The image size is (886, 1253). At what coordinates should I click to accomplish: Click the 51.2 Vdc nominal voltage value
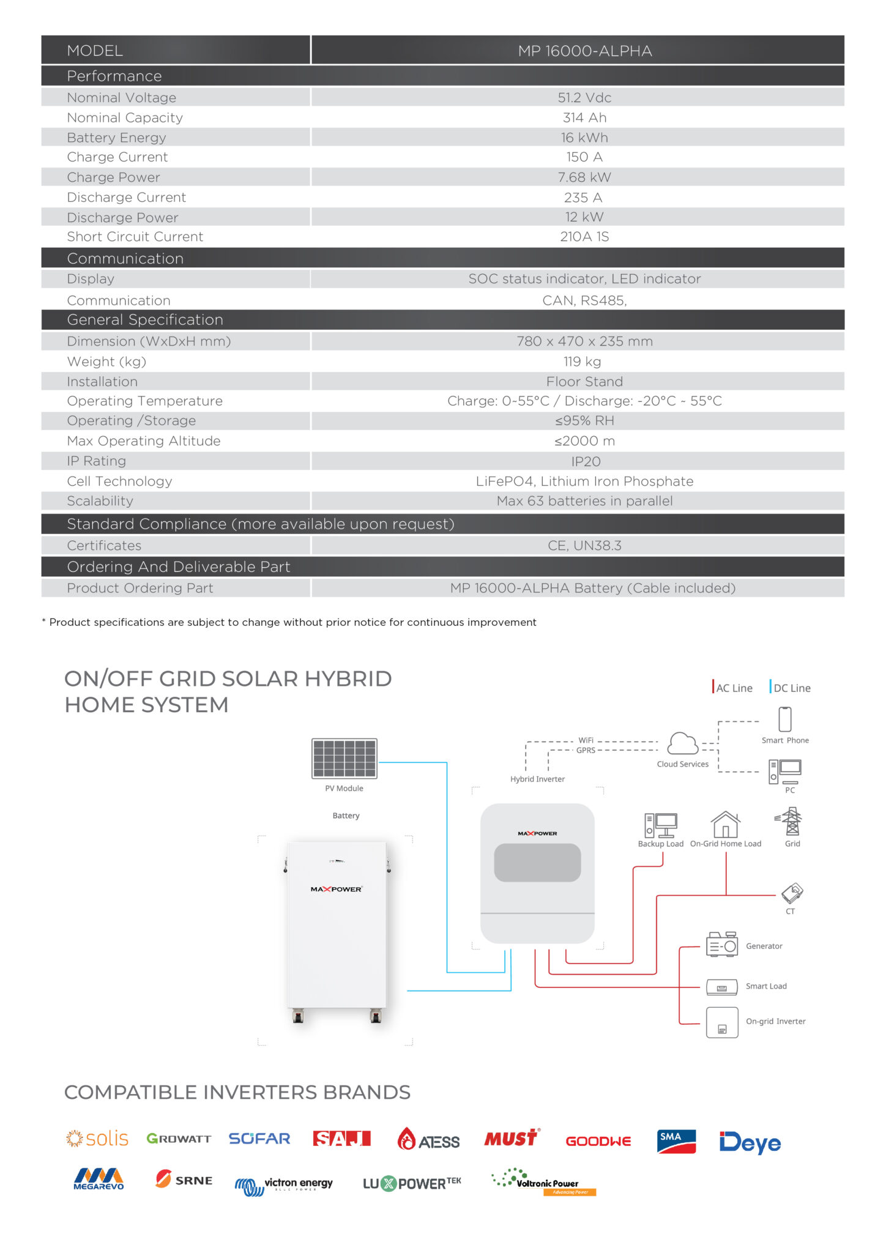(584, 98)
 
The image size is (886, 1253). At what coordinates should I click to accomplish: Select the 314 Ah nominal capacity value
(584, 117)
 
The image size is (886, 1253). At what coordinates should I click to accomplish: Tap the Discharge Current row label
(126, 198)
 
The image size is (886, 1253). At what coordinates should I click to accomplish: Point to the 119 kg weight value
(582, 362)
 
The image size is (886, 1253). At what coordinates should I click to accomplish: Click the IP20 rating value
(586, 461)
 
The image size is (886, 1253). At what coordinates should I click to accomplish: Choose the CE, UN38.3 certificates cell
(584, 546)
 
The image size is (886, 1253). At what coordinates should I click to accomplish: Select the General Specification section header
(145, 320)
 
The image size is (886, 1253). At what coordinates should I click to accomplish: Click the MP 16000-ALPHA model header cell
(584, 51)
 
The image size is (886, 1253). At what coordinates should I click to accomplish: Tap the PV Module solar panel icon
(344, 759)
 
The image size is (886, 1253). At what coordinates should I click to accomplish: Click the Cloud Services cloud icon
(682, 744)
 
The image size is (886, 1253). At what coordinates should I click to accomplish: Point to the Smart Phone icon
(785, 719)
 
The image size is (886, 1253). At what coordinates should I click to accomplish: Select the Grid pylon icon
(792, 821)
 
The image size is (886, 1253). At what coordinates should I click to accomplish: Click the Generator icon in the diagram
(722, 945)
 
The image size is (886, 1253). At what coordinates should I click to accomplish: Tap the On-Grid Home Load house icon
(726, 825)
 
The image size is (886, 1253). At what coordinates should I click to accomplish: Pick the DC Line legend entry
(791, 688)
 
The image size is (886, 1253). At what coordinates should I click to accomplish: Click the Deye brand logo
(750, 1142)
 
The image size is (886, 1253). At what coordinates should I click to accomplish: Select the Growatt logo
(179, 1139)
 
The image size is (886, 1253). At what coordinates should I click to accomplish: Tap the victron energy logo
(284, 1185)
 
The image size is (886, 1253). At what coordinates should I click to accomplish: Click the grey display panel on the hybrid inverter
(537, 863)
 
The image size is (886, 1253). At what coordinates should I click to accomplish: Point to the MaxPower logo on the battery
(336, 889)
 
